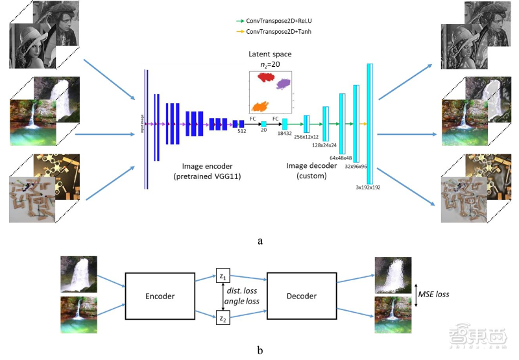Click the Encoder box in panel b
[x=160, y=295]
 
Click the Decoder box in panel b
[x=301, y=295]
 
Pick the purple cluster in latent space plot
[x=284, y=84]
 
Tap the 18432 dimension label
[x=285, y=133]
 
